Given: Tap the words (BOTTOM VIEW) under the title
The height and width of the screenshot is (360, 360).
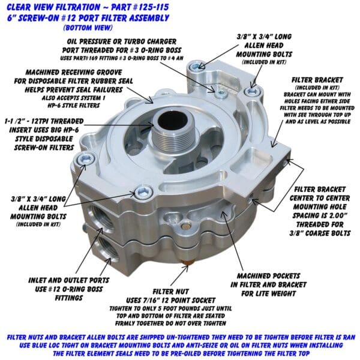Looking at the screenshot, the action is click(x=88, y=28).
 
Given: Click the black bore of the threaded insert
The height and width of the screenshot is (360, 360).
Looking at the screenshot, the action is click(x=170, y=120).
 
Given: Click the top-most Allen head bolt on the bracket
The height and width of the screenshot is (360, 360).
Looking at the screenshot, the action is click(x=195, y=67).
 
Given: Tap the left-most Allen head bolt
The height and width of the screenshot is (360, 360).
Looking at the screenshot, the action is click(x=85, y=158).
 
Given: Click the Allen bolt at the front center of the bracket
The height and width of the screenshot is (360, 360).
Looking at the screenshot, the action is click(x=143, y=192).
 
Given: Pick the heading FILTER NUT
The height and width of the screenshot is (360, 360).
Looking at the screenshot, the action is click(x=170, y=292).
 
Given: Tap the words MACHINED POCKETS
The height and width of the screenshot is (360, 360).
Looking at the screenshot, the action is click(x=268, y=276).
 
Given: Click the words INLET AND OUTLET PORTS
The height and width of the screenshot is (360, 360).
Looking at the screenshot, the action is click(x=68, y=280).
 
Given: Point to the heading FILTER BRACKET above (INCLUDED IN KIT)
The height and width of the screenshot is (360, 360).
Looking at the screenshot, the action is click(x=317, y=80).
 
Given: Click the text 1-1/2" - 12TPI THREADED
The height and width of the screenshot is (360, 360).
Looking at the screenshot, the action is click(x=44, y=121).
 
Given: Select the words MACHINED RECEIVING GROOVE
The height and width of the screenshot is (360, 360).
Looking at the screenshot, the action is click(x=73, y=73).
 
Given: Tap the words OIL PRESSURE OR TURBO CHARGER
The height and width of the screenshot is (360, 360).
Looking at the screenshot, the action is click(x=121, y=41).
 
